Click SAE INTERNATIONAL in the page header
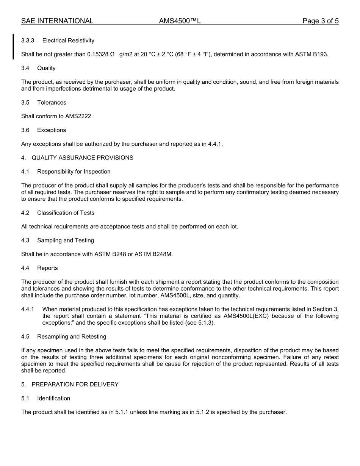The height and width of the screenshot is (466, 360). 57,21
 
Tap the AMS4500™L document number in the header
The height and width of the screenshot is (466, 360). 180,21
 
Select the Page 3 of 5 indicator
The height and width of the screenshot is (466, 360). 320,21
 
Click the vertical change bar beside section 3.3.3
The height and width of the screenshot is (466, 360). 14,47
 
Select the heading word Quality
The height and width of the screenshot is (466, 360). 46,68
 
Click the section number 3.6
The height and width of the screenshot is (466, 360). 25,130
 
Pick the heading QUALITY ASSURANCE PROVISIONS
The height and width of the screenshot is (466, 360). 82,158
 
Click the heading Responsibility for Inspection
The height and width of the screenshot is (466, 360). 74,172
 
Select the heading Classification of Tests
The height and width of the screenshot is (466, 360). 66,213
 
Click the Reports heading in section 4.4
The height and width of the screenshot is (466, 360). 47,268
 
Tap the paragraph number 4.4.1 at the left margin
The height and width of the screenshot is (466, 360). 28,310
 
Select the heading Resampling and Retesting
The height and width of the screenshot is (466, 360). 72,337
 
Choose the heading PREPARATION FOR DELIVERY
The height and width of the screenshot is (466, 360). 75,385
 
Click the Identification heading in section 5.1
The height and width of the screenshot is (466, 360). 53,399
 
